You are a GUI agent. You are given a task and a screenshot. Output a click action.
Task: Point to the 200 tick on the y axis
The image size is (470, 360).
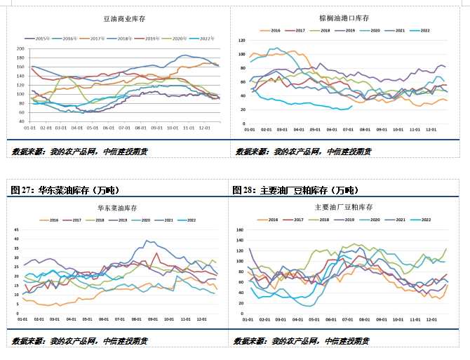[20, 48]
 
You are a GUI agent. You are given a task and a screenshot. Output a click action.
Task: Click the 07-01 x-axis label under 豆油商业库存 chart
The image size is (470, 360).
[125, 128]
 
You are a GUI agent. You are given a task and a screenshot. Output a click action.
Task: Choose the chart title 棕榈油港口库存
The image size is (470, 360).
[344, 18]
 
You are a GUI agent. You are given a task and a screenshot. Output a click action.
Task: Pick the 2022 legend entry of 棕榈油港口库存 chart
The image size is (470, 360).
[425, 31]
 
